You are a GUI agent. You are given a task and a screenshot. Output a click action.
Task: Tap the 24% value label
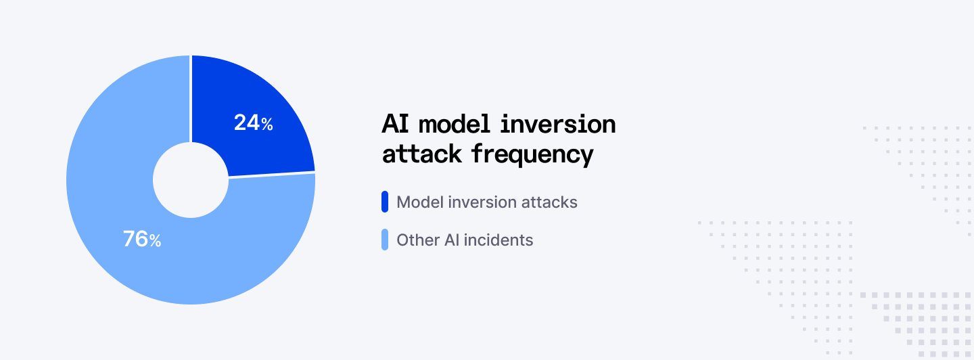pos(253,123)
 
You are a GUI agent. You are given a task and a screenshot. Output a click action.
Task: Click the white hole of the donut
pos(191,180)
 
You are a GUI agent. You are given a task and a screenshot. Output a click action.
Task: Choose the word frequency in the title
pos(532,155)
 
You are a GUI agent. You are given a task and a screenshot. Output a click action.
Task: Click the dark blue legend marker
pos(385,202)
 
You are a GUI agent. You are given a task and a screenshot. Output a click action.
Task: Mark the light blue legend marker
pos(385,240)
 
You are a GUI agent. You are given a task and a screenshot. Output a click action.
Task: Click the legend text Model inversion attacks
pos(487,202)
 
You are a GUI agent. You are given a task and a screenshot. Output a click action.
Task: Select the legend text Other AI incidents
pos(465,240)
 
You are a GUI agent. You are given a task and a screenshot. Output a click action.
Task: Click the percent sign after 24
pos(267,125)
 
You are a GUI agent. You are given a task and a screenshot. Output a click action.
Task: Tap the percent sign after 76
pos(156,241)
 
